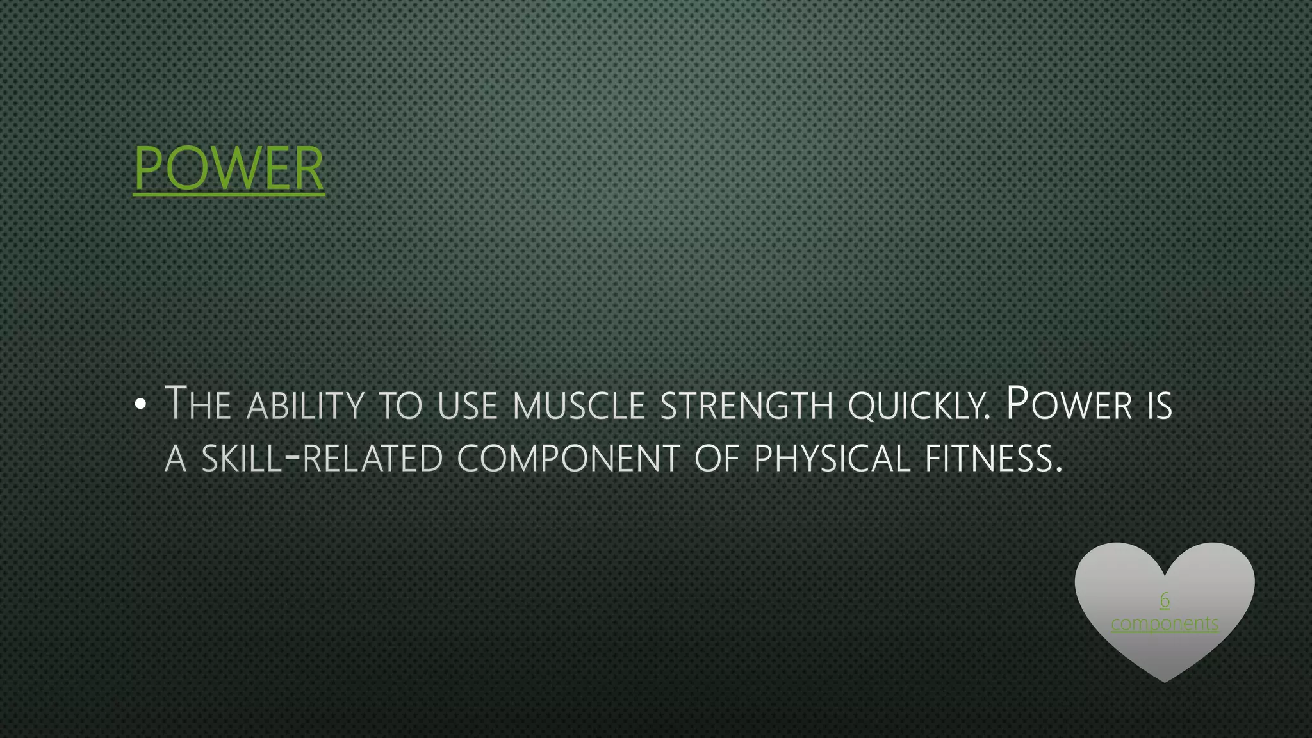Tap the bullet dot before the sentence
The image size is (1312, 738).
pyautogui.click(x=141, y=404)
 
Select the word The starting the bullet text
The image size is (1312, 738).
pyautogui.click(x=197, y=404)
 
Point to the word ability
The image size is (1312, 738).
pyautogui.click(x=305, y=406)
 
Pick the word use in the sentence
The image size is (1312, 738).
pyautogui.click(x=468, y=406)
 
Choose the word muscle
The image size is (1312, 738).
pyautogui.click(x=578, y=406)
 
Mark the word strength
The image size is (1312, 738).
pyautogui.click(x=746, y=406)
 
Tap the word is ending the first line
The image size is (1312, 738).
pyautogui.click(x=1160, y=406)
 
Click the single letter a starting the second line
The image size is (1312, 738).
pyautogui.click(x=176, y=459)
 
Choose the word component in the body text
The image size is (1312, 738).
pyautogui.click(x=568, y=459)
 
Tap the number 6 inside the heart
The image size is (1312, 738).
pyautogui.click(x=1165, y=600)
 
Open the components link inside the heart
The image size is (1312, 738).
pyautogui.click(x=1165, y=623)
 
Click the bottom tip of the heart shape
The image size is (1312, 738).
pyautogui.click(x=1165, y=680)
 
